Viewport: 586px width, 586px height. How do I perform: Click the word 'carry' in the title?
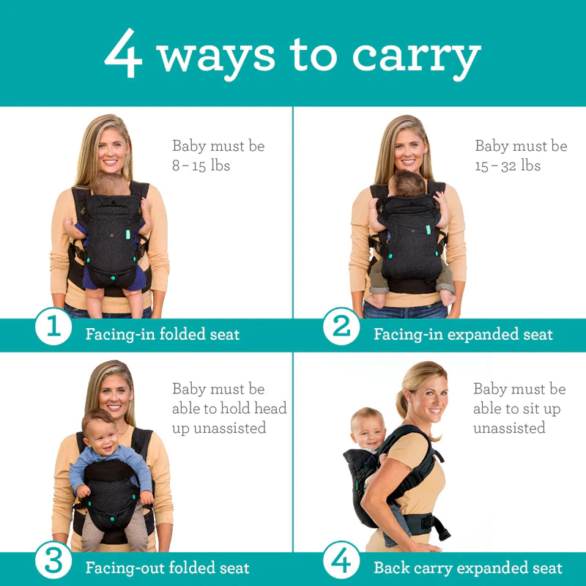[416, 56]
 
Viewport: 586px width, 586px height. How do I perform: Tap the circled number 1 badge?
[53, 327]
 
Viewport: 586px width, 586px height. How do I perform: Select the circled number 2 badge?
[341, 327]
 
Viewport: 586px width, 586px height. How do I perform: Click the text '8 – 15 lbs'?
[201, 166]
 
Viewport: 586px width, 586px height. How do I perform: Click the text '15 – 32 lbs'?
[507, 166]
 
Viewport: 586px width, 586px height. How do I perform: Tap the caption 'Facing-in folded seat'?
[163, 335]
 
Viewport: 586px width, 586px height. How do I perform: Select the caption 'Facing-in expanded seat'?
[463, 335]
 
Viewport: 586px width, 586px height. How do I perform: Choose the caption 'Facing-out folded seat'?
[167, 568]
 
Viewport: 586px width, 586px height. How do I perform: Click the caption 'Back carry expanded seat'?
[467, 568]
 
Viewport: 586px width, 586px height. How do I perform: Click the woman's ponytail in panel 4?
[402, 404]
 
